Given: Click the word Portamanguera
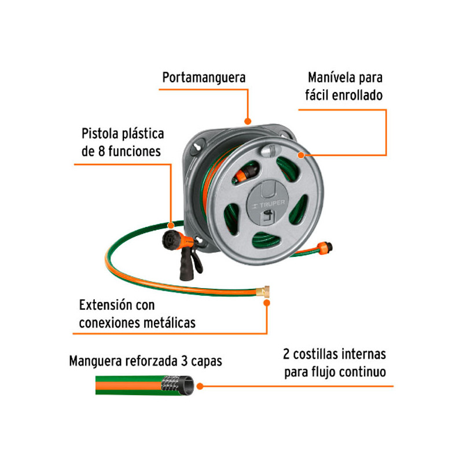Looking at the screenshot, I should [x=204, y=78].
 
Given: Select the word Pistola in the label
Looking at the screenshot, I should [x=101, y=134].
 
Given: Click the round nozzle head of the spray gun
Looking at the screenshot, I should [x=172, y=237].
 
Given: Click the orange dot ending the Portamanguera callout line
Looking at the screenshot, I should [x=248, y=122].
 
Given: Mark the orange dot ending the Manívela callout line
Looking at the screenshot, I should [x=301, y=155].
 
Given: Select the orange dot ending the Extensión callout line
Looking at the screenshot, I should [x=267, y=301].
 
